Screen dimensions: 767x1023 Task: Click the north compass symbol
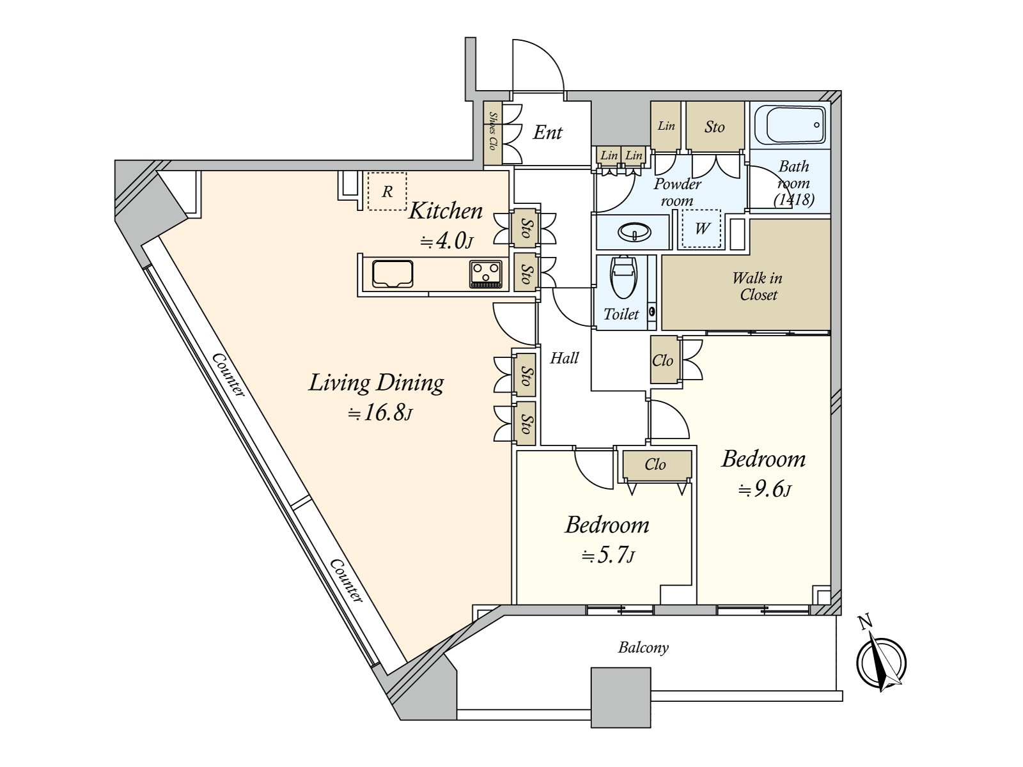(x=882, y=662)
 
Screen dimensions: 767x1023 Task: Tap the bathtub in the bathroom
(x=790, y=125)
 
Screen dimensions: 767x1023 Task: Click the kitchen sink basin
(x=393, y=274)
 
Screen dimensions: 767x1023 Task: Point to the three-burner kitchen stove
(x=485, y=274)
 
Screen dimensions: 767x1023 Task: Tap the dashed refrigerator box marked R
(x=387, y=191)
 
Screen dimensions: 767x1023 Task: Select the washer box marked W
(x=701, y=228)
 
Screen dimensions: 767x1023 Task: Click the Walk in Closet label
(x=758, y=286)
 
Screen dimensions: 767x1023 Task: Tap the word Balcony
(x=643, y=647)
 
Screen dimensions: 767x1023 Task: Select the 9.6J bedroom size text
(x=765, y=490)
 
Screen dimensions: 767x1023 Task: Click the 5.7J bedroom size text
(x=608, y=555)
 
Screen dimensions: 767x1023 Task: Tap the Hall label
(x=565, y=358)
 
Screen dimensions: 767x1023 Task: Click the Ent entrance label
(x=548, y=133)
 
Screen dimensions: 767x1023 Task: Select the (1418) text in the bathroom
(x=793, y=199)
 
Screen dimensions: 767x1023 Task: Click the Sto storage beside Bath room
(x=714, y=127)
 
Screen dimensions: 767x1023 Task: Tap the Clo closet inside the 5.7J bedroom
(x=655, y=465)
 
